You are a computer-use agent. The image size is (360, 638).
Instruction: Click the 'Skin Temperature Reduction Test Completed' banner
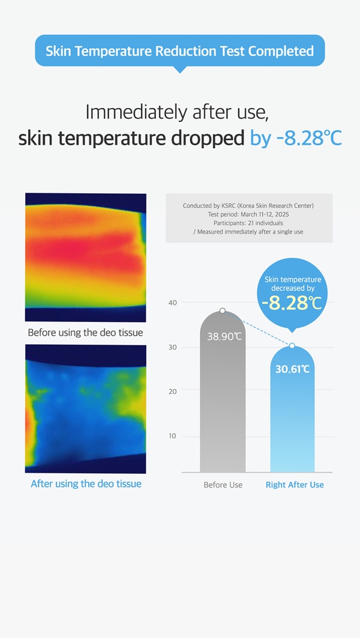(x=179, y=52)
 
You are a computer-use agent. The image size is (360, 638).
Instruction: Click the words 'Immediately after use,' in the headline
(x=177, y=112)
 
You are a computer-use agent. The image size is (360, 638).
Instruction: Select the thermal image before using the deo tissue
(x=86, y=257)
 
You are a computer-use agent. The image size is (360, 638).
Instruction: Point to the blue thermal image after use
(x=86, y=409)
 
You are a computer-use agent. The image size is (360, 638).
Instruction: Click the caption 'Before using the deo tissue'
(x=86, y=332)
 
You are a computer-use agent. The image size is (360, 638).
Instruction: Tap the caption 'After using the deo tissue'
(x=86, y=484)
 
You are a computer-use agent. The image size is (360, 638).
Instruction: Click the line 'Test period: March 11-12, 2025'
(x=248, y=215)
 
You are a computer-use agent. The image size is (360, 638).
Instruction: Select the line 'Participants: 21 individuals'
(x=248, y=223)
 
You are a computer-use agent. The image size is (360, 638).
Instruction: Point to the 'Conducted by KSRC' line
(x=248, y=206)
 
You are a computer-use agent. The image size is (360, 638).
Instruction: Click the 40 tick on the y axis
(x=173, y=303)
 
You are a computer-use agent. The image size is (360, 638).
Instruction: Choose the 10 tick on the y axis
(x=173, y=436)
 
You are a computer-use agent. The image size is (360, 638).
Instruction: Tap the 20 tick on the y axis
(x=173, y=392)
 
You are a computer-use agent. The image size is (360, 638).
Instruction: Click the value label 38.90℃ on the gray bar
(x=224, y=337)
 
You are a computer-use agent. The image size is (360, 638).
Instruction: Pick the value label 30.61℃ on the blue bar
(x=292, y=369)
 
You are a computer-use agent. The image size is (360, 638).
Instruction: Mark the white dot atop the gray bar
(x=223, y=311)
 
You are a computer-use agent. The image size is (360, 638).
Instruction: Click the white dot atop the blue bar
(x=292, y=345)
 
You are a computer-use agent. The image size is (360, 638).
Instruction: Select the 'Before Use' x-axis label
(x=223, y=485)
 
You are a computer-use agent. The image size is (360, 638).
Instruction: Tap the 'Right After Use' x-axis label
(x=295, y=485)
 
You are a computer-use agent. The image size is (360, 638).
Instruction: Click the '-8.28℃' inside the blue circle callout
(x=292, y=303)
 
